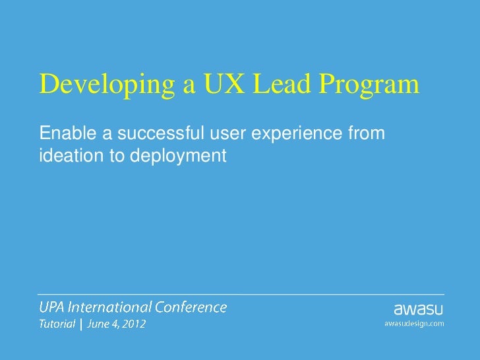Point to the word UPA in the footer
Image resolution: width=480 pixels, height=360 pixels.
(51, 307)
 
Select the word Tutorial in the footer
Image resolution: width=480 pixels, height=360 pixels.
(56, 324)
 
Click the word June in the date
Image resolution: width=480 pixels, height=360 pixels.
(100, 325)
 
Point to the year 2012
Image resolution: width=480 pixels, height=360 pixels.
(134, 324)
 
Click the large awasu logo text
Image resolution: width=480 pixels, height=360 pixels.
(419, 309)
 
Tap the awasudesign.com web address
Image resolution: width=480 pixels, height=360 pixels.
(414, 323)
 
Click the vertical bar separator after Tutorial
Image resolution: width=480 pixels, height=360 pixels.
(81, 324)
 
